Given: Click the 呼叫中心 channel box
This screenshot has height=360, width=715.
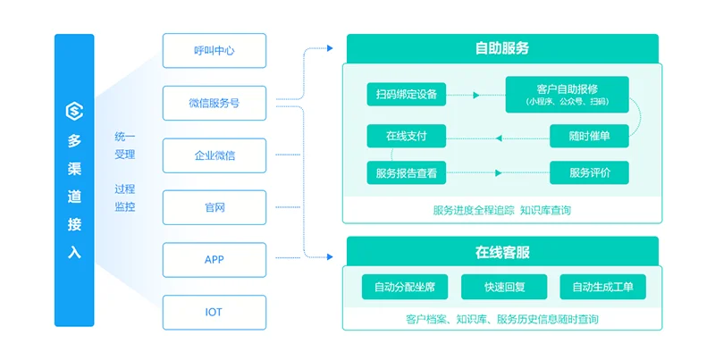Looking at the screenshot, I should (x=214, y=50).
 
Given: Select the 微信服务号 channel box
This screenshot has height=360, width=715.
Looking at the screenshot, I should (x=214, y=103).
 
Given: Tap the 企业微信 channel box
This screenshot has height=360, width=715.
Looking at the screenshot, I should (x=214, y=155).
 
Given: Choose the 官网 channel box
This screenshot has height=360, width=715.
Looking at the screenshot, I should (x=214, y=207).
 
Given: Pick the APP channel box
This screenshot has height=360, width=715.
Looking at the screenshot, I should (x=214, y=259).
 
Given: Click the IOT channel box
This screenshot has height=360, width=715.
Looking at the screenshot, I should (x=214, y=312).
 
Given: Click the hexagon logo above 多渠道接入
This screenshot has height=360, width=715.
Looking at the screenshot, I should (x=74, y=111).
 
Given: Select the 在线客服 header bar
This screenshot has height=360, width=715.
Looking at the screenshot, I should (x=501, y=252).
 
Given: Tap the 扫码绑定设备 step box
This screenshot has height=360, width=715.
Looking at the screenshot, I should (x=407, y=94).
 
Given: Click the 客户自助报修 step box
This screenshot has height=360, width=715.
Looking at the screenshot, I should (x=567, y=94).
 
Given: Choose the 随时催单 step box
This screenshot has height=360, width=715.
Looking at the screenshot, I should (x=589, y=136).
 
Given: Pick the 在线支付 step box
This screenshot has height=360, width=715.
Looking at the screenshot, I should (x=407, y=136).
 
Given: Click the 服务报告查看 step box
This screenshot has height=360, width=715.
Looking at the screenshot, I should (x=407, y=173).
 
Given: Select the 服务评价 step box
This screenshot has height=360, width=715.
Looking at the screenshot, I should (x=589, y=172).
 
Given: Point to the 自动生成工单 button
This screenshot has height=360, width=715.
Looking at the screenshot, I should (x=602, y=287).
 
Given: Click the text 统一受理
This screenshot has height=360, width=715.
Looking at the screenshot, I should (x=125, y=146).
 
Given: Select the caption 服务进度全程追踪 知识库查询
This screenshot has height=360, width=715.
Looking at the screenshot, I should (x=501, y=211).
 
